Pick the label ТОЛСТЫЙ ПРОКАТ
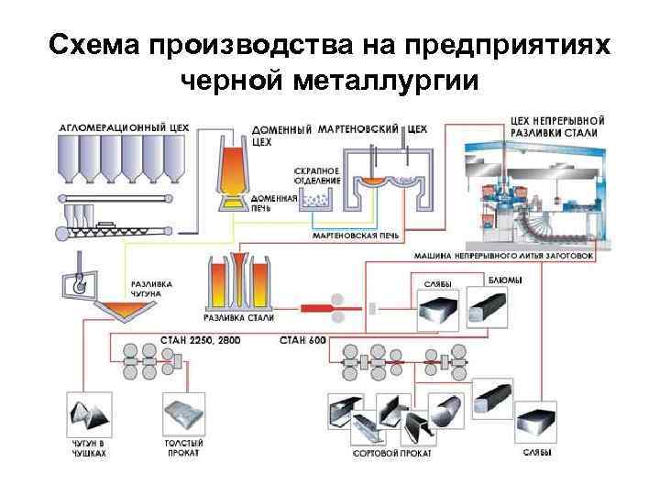[183, 448]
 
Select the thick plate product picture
[183, 413]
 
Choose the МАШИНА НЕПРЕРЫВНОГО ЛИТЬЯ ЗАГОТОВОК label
[498, 256]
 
